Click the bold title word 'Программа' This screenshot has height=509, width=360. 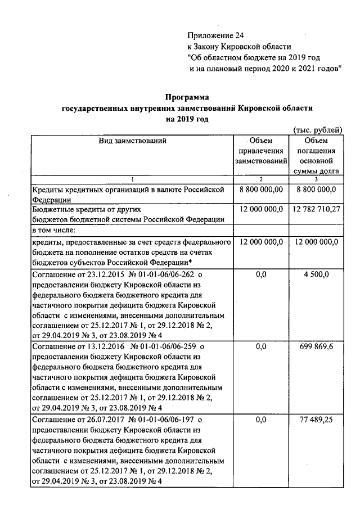pyautogui.click(x=187, y=97)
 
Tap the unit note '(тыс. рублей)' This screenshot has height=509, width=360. pyautogui.click(x=318, y=130)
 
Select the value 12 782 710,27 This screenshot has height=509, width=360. pyautogui.click(x=317, y=209)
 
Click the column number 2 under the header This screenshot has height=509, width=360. pyautogui.click(x=260, y=179)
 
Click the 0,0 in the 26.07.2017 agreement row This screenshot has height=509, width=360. pyautogui.click(x=260, y=420)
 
